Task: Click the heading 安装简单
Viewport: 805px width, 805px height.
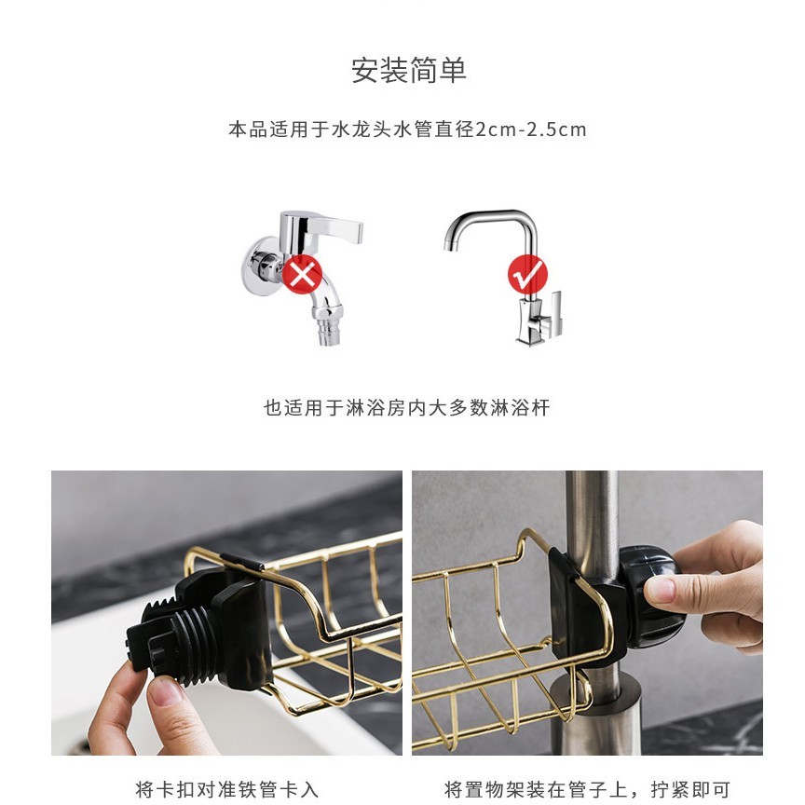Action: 408,70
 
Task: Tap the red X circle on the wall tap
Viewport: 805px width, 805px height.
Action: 303,274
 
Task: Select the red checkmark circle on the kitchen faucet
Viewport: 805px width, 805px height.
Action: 527,274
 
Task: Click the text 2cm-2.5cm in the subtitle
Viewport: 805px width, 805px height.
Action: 531,130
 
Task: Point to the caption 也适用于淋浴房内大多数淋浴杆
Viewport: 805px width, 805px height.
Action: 406,408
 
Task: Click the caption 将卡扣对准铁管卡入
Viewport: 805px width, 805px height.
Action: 227,789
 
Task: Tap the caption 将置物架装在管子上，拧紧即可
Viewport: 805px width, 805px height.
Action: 587,789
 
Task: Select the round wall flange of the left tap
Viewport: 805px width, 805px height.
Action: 257,266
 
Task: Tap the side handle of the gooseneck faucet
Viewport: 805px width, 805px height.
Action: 555,313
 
